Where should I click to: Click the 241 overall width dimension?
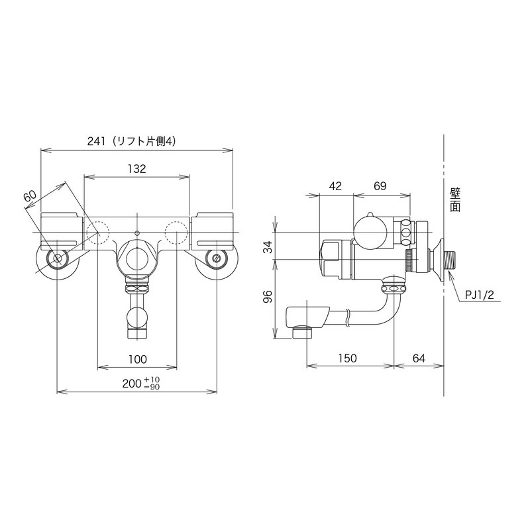pos(96,140)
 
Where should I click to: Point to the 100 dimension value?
pos(137,359)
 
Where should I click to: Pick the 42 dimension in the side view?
pos(335,187)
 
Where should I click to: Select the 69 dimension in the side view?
pos(380,187)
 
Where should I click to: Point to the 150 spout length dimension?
pos(346,358)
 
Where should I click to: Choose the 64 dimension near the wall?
pos(419,358)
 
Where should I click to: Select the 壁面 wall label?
pos(454,199)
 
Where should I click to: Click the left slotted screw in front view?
pos(57,258)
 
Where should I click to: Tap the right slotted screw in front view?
pos(215,258)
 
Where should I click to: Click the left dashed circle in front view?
pos(98,231)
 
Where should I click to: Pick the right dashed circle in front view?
pos(176,231)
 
